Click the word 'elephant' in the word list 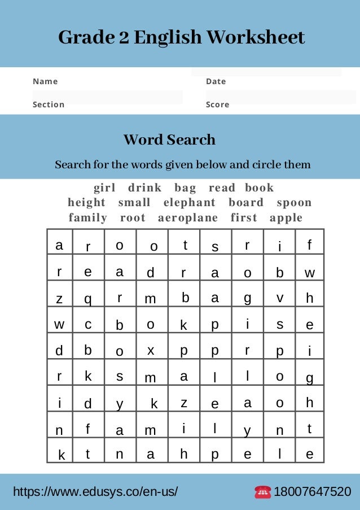point(190,203)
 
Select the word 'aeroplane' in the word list point(188,218)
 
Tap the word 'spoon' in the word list point(294,203)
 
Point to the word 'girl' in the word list point(104,188)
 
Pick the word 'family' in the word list point(88,218)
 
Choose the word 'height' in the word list point(87,203)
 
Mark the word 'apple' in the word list point(286,218)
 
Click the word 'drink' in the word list point(145,188)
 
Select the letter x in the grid point(151,350)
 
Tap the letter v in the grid point(280,298)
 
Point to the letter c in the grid point(88,324)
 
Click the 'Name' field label point(45,81)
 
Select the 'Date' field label point(216,81)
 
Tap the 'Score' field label point(217,104)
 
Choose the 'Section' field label point(49,104)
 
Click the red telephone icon point(262,492)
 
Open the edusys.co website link point(95,492)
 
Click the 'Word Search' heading point(169,140)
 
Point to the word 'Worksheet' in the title point(255,38)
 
